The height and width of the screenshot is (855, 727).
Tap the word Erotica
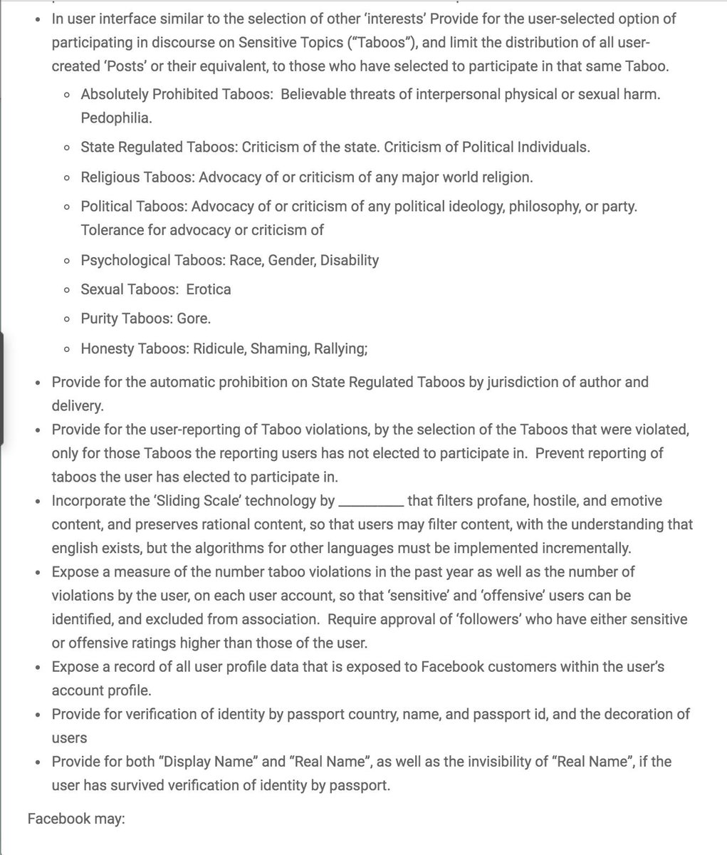tap(209, 289)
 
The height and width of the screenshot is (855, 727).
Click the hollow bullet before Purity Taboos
tap(66, 320)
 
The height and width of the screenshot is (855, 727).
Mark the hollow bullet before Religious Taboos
tap(66, 177)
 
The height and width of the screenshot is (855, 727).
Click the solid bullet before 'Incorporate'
tap(38, 502)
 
